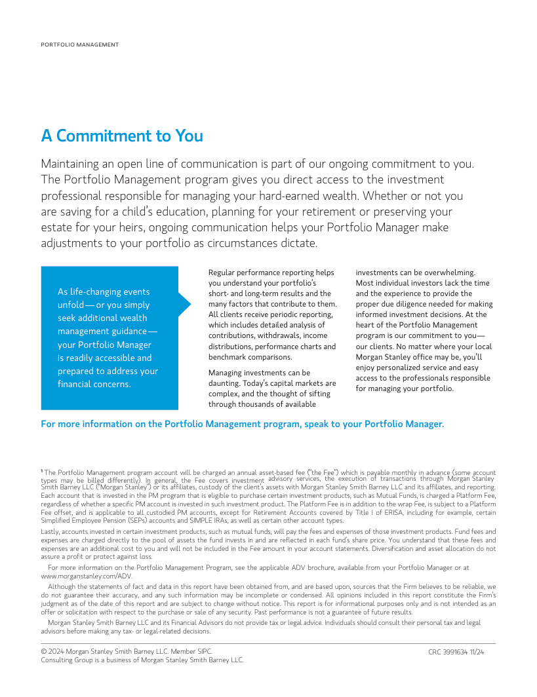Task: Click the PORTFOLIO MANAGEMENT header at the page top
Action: [x=80, y=45]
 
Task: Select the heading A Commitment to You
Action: [x=122, y=136]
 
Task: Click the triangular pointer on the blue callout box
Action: [x=184, y=304]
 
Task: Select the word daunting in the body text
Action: [x=224, y=383]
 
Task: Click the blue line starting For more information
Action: [x=242, y=424]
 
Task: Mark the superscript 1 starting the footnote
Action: [x=42, y=470]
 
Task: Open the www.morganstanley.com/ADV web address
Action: [x=87, y=576]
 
